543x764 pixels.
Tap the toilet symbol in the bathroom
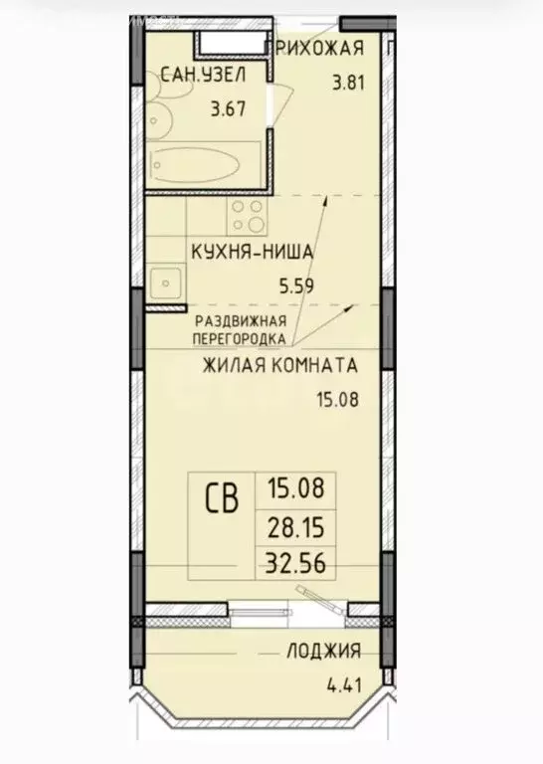159,113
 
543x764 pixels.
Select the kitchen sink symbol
164,283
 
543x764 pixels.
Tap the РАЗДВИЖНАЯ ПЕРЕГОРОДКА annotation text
241,328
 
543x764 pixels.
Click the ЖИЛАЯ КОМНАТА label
279,365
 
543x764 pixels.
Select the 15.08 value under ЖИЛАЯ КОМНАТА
335,402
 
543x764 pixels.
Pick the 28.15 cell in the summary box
296,524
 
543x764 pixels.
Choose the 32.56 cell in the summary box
296,562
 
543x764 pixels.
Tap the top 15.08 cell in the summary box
296,487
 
